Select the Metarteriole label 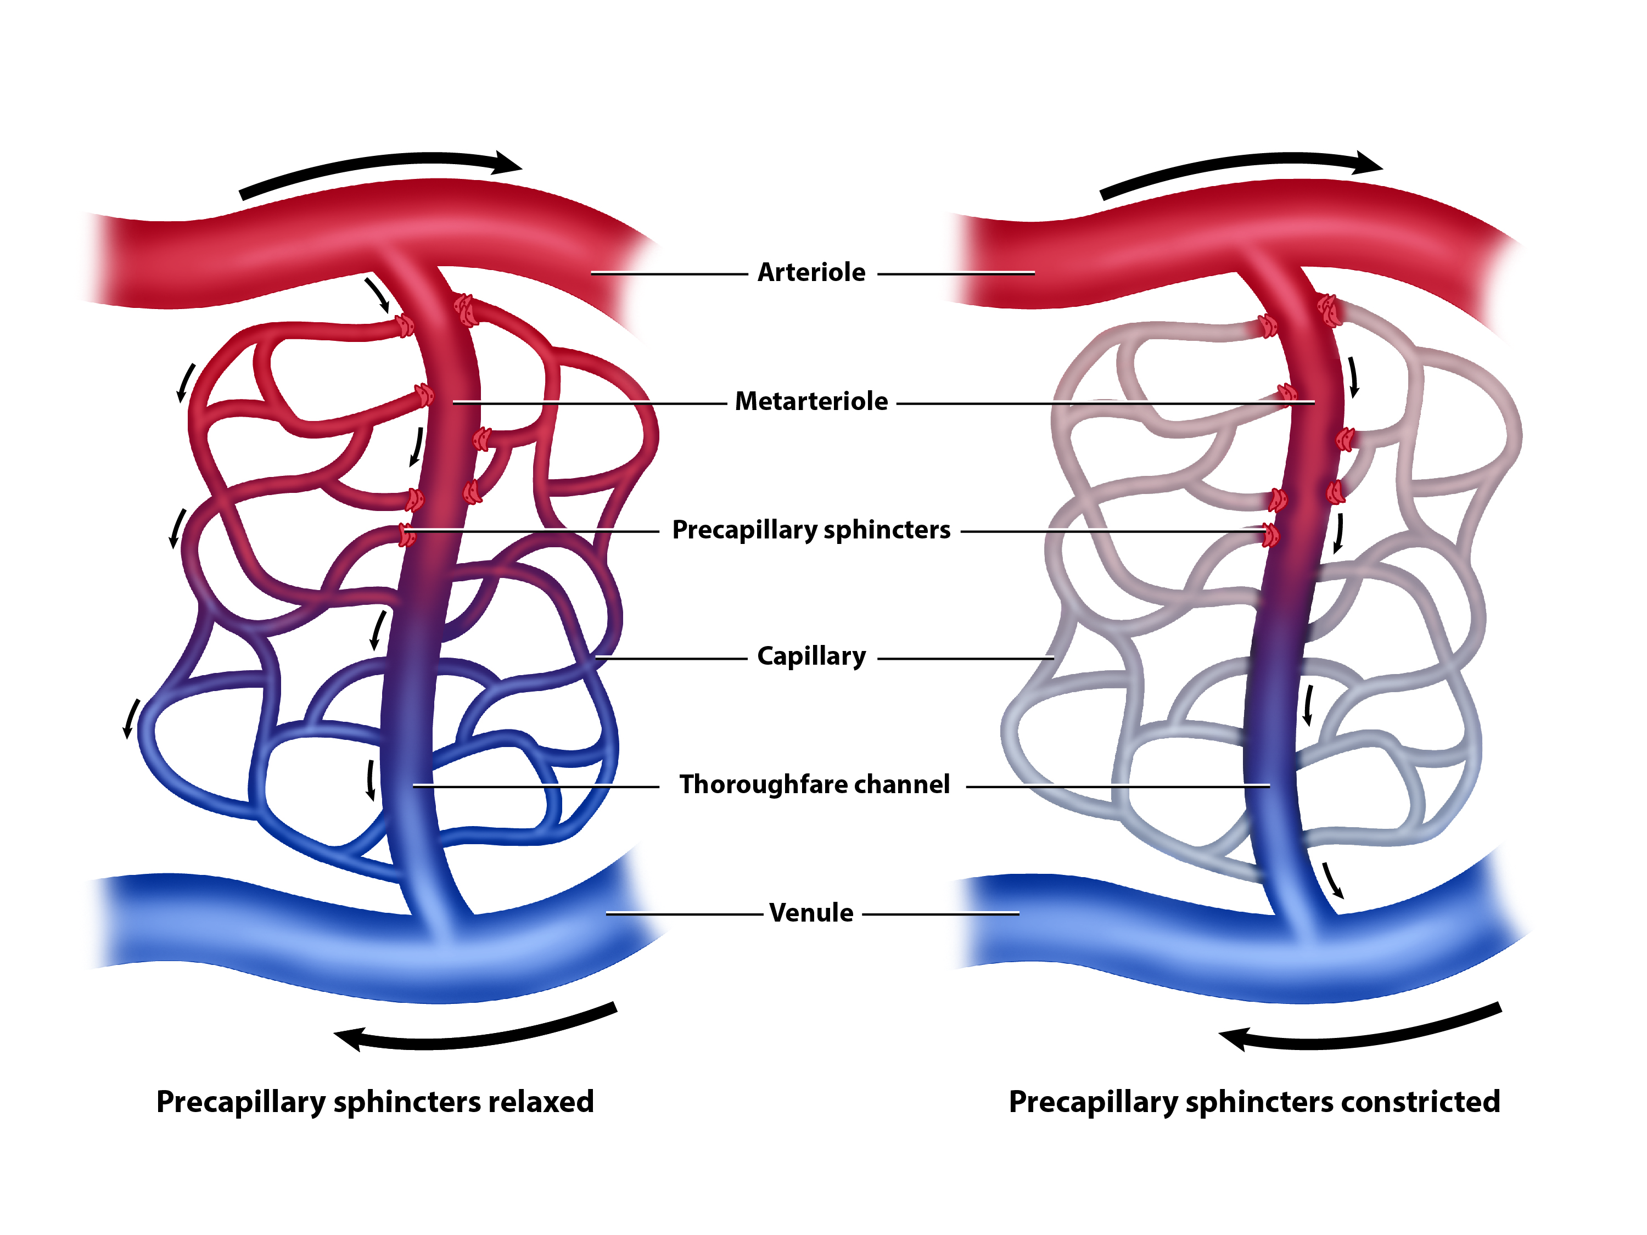click(x=811, y=401)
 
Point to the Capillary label click(x=811, y=656)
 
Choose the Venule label click(x=811, y=913)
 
